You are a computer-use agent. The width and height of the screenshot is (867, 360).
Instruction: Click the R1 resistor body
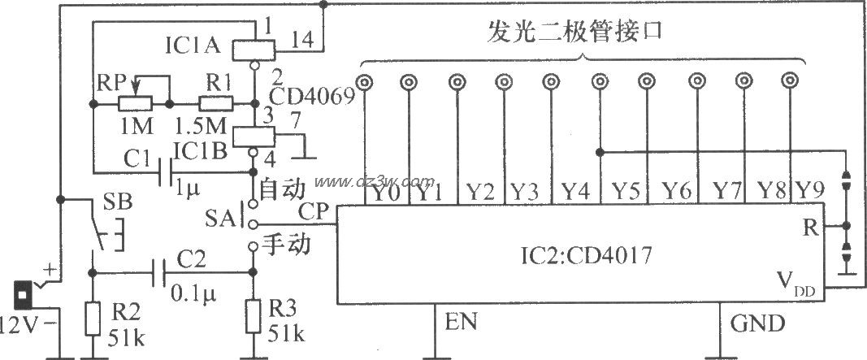point(217,104)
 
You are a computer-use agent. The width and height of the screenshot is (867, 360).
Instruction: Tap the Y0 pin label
point(384,193)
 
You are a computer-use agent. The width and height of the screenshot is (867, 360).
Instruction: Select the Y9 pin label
point(810,193)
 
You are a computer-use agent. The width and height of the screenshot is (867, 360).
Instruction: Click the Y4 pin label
point(578,193)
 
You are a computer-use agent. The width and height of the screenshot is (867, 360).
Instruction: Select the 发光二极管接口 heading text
point(583,34)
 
